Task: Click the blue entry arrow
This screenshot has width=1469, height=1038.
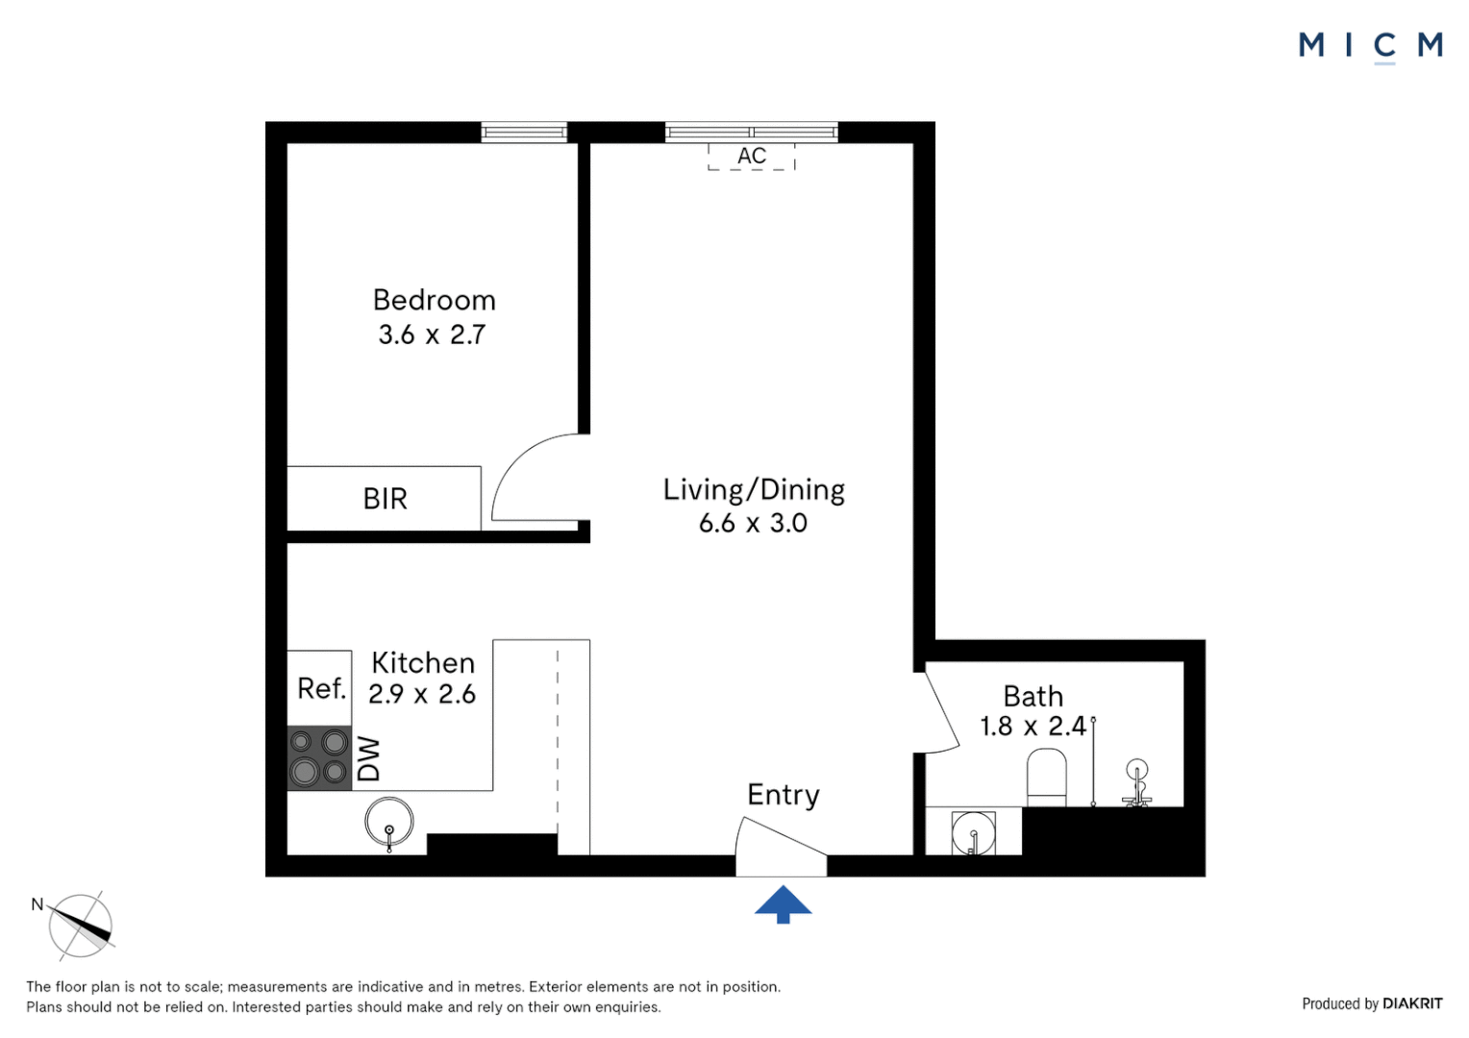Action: [x=783, y=903]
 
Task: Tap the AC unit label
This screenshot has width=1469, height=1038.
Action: [x=752, y=156]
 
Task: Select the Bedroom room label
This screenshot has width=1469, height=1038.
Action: [x=434, y=300]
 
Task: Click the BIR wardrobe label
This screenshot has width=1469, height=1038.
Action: [x=385, y=499]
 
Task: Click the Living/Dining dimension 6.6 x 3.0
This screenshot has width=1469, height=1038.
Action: [x=753, y=524]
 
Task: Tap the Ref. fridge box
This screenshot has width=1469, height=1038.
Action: [x=320, y=688]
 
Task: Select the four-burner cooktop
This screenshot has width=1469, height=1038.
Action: [x=319, y=757]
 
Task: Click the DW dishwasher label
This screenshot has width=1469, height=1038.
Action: [x=369, y=758]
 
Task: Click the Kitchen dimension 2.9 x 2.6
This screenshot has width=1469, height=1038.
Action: [x=422, y=694]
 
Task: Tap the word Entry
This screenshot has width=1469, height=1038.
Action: [x=784, y=795]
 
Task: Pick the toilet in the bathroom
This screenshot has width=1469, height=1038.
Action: [x=1046, y=777]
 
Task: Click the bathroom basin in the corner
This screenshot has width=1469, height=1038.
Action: [x=974, y=832]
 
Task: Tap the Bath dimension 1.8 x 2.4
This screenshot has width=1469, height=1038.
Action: [x=1033, y=727]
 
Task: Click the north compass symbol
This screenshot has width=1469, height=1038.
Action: [x=81, y=926]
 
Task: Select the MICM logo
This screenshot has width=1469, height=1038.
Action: [x=1370, y=45]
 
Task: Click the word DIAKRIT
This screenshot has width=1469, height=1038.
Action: [x=1412, y=1003]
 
